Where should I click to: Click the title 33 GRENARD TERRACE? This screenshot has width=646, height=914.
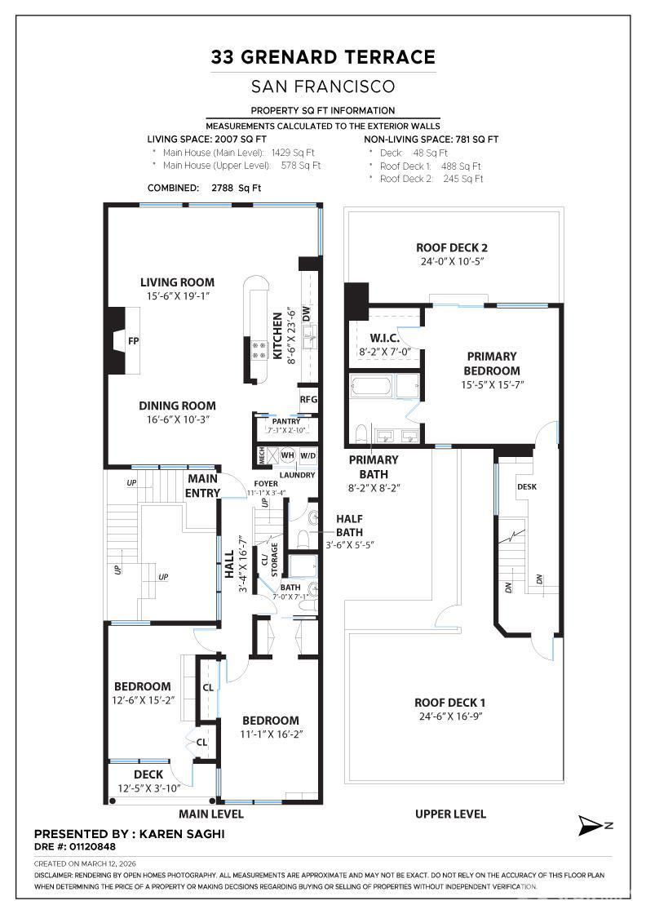[323, 56]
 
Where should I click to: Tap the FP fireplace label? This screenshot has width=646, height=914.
[134, 341]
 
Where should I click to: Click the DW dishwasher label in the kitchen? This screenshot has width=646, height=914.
[308, 313]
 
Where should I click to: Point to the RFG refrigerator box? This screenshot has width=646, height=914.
[308, 400]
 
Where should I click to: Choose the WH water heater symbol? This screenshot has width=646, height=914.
[287, 456]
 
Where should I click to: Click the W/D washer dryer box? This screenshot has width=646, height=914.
[308, 456]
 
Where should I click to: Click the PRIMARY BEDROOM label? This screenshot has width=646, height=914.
[492, 363]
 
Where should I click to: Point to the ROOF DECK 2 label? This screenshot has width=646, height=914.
[452, 248]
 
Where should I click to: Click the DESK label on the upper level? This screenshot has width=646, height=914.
[527, 486]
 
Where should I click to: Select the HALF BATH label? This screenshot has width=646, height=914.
[349, 525]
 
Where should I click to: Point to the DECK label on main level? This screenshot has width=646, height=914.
[148, 774]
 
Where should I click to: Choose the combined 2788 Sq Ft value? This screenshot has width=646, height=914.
[236, 187]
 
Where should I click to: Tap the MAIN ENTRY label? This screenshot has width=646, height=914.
[203, 486]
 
